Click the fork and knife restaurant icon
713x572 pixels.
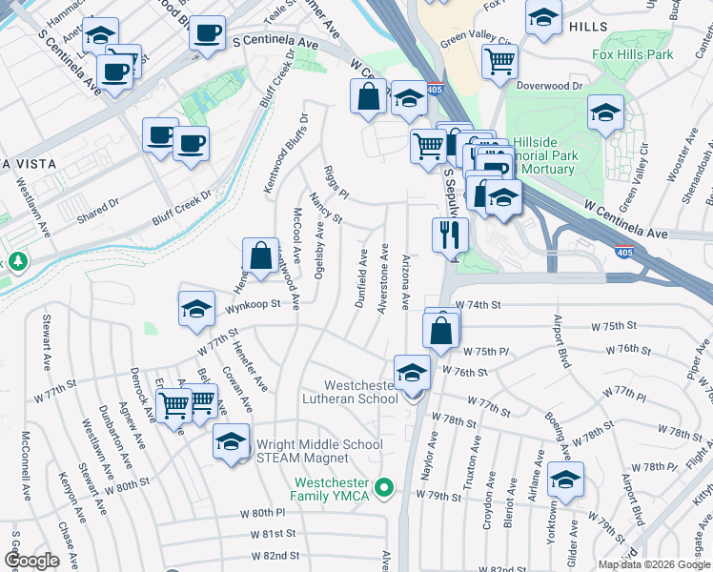(x=450, y=234)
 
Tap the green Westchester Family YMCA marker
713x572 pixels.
(x=384, y=488)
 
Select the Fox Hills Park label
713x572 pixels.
(x=632, y=54)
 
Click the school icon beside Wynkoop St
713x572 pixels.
(x=196, y=309)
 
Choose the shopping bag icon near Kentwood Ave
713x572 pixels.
(x=260, y=255)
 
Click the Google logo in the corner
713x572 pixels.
(x=31, y=561)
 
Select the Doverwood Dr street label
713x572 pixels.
(x=550, y=86)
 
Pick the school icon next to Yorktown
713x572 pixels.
(x=565, y=479)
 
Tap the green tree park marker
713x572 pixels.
(x=16, y=260)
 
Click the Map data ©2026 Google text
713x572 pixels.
(x=654, y=564)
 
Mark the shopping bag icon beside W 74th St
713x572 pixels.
(x=441, y=332)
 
